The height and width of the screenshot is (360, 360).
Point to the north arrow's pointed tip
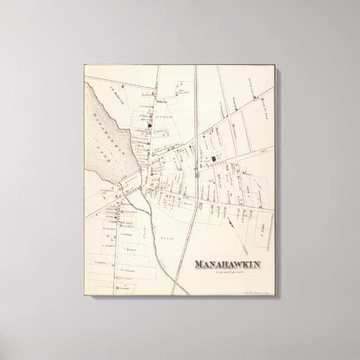click(229, 220)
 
